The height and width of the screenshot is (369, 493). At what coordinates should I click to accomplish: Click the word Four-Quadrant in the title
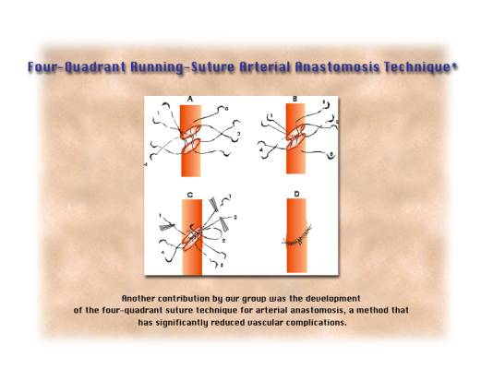point(77,67)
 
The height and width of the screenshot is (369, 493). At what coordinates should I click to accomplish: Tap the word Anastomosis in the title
point(337,67)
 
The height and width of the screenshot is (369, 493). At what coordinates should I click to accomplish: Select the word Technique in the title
point(417,67)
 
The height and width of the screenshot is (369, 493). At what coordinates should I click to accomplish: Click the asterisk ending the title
point(454,65)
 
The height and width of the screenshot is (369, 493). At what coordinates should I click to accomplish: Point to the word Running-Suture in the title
point(183,67)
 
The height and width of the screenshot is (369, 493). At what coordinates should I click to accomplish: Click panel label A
point(190,100)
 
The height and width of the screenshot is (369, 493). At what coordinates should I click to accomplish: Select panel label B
point(295,99)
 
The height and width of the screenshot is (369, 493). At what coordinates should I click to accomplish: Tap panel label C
point(190,195)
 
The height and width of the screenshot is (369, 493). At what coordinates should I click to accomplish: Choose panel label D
point(296,195)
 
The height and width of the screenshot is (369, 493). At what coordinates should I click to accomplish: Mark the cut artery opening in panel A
point(191,138)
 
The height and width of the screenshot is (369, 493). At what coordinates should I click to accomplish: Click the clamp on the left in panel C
point(167,226)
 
